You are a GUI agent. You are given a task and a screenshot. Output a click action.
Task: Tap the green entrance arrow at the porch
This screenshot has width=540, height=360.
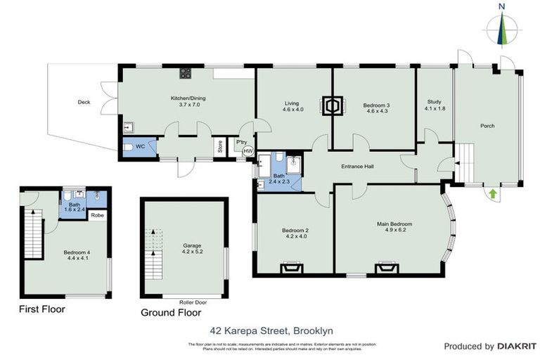(x=492, y=191)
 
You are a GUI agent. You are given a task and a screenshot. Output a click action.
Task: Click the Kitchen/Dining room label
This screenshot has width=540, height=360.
(x=186, y=98)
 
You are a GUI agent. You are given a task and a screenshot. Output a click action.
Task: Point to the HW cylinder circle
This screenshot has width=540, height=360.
(x=247, y=151)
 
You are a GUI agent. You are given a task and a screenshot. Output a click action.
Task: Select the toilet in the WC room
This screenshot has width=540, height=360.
(x=129, y=148)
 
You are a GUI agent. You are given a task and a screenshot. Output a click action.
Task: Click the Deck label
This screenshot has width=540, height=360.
(x=84, y=103)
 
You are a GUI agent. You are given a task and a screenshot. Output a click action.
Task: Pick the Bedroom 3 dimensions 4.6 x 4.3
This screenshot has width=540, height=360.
(x=376, y=111)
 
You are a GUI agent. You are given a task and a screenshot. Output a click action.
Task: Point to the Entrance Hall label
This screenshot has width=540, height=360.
(x=357, y=167)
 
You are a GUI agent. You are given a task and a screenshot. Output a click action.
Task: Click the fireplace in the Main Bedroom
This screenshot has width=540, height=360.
(x=385, y=267)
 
